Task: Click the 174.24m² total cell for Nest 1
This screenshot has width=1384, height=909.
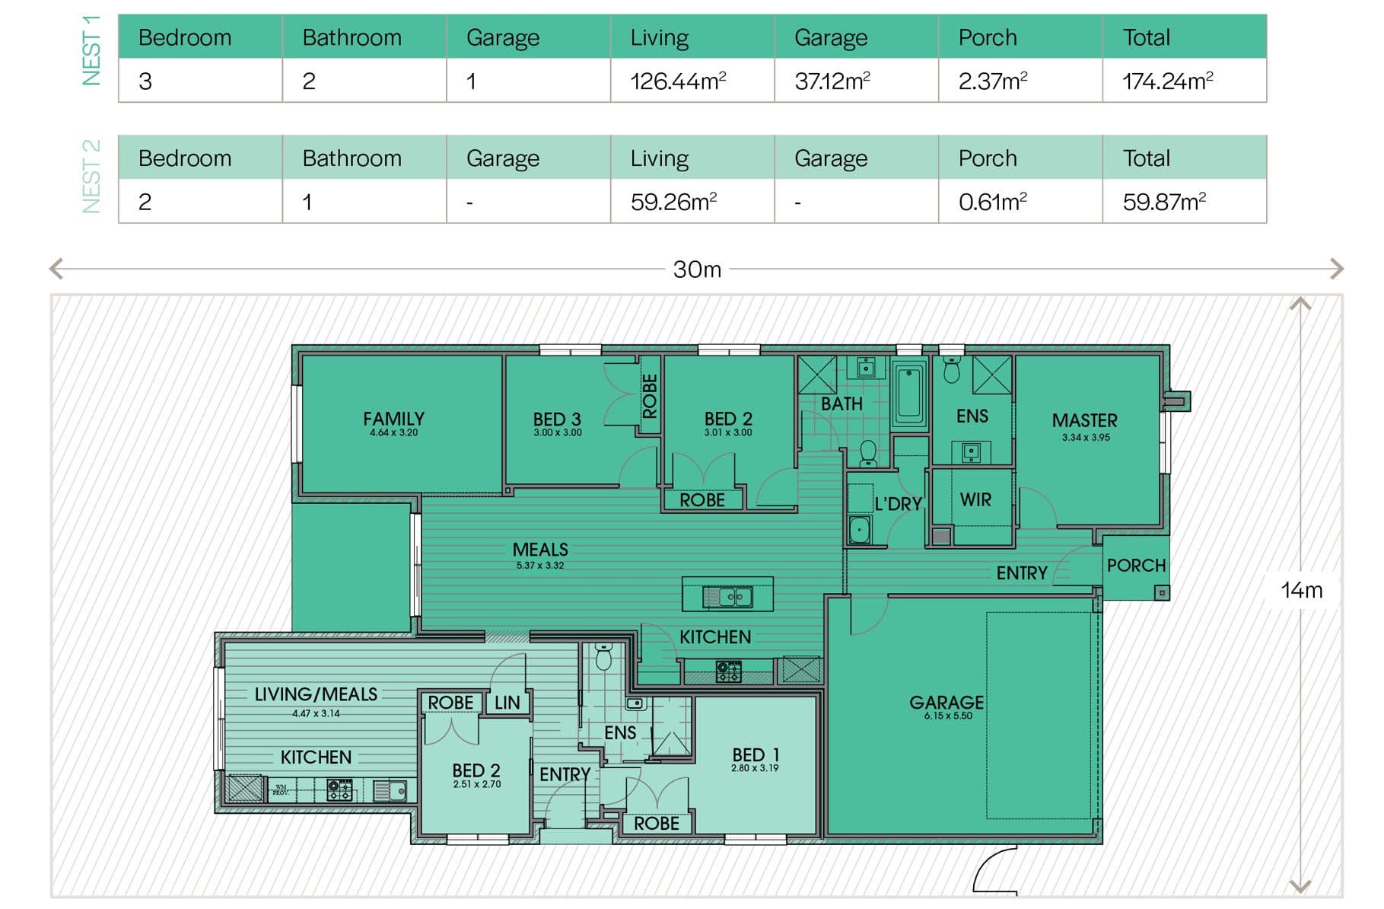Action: coord(1167,81)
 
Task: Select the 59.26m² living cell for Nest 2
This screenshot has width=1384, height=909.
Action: coord(673,202)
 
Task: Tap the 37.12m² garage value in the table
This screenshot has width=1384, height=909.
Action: coord(832,81)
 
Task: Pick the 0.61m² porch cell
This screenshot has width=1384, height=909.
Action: coord(993,202)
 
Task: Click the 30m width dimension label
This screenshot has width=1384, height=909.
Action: coord(697,270)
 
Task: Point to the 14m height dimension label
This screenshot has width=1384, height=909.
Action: coord(1302,590)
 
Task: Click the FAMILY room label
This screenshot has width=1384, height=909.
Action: coord(393,419)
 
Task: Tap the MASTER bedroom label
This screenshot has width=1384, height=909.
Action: coord(1085,420)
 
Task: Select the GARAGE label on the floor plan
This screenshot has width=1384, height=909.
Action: coord(947,702)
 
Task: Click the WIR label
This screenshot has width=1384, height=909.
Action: coord(975,499)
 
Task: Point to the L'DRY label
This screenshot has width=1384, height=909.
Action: coord(899,504)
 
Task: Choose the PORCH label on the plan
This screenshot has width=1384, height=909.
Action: coord(1136,566)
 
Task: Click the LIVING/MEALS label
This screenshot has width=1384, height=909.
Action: coord(316,694)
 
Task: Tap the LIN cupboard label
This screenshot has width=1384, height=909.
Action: coord(507,703)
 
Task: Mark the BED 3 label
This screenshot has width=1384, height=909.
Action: coord(557,419)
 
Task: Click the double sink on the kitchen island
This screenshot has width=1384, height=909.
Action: coord(728,597)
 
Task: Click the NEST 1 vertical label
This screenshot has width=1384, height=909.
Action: coord(91,49)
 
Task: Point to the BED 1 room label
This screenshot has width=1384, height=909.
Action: coord(756,754)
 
